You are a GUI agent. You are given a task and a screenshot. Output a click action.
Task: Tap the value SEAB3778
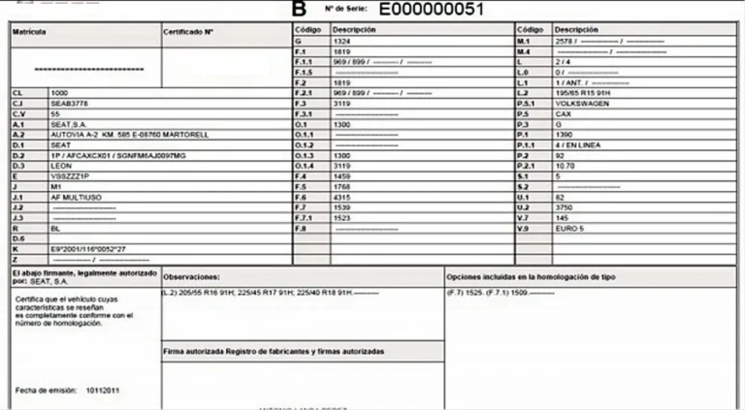(x=68, y=103)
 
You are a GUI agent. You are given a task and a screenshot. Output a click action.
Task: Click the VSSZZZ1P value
(x=70, y=175)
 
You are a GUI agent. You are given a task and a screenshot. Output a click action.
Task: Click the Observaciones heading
(x=191, y=276)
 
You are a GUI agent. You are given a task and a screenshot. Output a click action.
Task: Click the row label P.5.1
(x=527, y=103)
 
